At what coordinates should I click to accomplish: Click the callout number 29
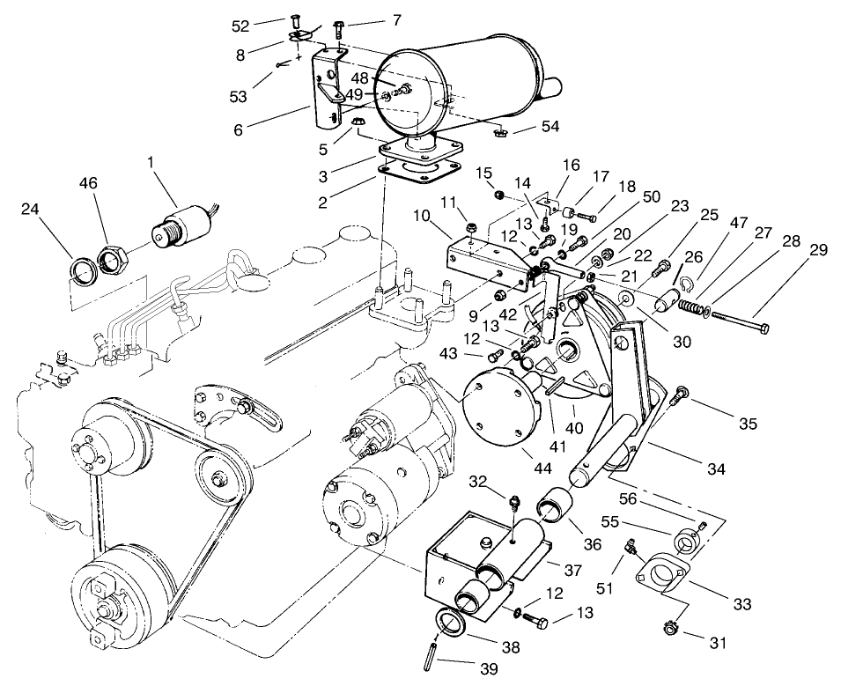tap(818, 250)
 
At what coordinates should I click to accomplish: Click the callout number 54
tap(550, 128)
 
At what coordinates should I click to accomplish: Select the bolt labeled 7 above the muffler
tap(340, 28)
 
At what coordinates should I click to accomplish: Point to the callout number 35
tap(748, 424)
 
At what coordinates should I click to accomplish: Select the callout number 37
tap(572, 570)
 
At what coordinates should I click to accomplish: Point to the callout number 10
tap(421, 216)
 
